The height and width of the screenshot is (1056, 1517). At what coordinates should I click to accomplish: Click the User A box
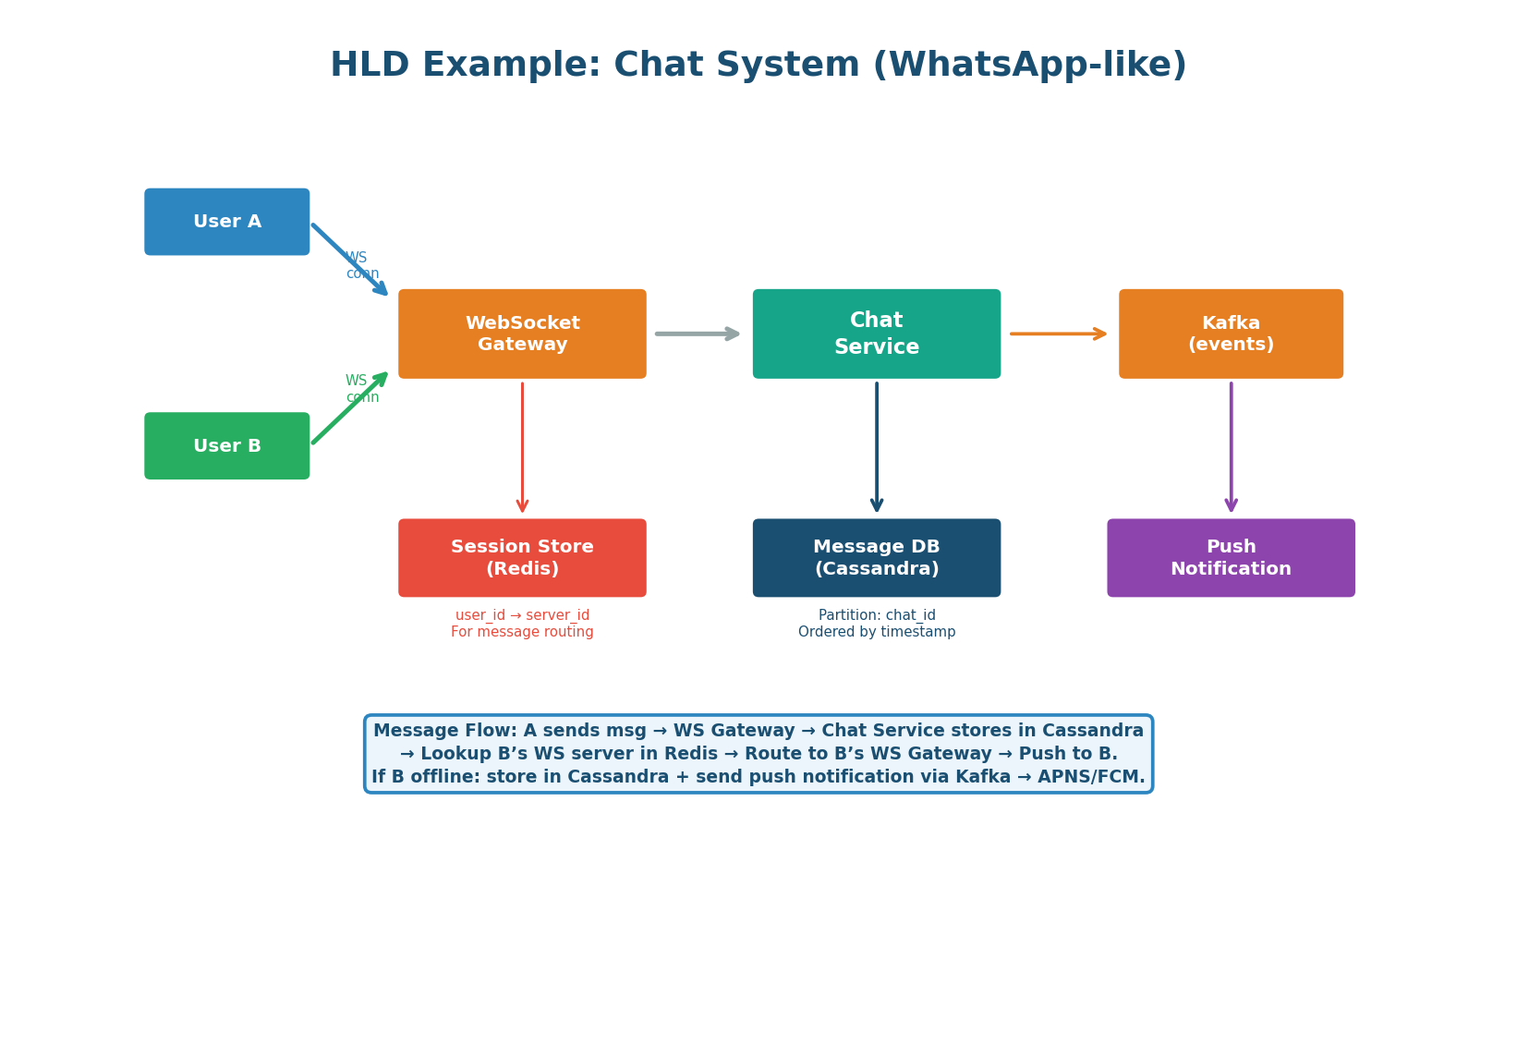pos(226,222)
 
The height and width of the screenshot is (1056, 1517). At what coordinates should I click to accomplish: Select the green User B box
pos(226,446)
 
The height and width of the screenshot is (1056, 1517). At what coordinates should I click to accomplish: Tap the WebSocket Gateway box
pos(522,334)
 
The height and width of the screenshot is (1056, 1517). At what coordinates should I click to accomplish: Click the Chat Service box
pos(876,334)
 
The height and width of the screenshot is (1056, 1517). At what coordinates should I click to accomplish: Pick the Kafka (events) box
pos(1231,334)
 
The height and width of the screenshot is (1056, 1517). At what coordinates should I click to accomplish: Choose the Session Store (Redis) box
pos(522,558)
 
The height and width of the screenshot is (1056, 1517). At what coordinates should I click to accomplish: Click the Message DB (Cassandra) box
pos(876,558)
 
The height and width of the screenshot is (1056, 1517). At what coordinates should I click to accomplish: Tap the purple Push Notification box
pos(1231,558)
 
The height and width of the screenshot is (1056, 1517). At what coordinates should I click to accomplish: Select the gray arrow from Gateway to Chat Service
pos(698,334)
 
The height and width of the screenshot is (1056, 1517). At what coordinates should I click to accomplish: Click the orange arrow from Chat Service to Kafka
pos(1058,334)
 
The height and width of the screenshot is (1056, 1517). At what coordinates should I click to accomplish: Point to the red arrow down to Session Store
pos(522,448)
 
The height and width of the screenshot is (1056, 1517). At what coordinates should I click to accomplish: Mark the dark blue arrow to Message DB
pos(876,448)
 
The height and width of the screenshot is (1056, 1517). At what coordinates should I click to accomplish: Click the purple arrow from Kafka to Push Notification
pos(1231,448)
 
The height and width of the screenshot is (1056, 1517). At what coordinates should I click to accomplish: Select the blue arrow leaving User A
pos(349,259)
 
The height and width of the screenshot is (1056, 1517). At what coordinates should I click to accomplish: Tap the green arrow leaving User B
pos(349,408)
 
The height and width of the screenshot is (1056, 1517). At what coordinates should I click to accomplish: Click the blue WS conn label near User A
pos(361,266)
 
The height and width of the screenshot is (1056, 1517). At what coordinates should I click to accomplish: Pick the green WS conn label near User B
pos(361,389)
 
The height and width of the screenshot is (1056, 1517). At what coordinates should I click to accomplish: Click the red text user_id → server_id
pos(522,615)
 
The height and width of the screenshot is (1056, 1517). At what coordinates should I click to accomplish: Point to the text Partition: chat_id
pos(876,615)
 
